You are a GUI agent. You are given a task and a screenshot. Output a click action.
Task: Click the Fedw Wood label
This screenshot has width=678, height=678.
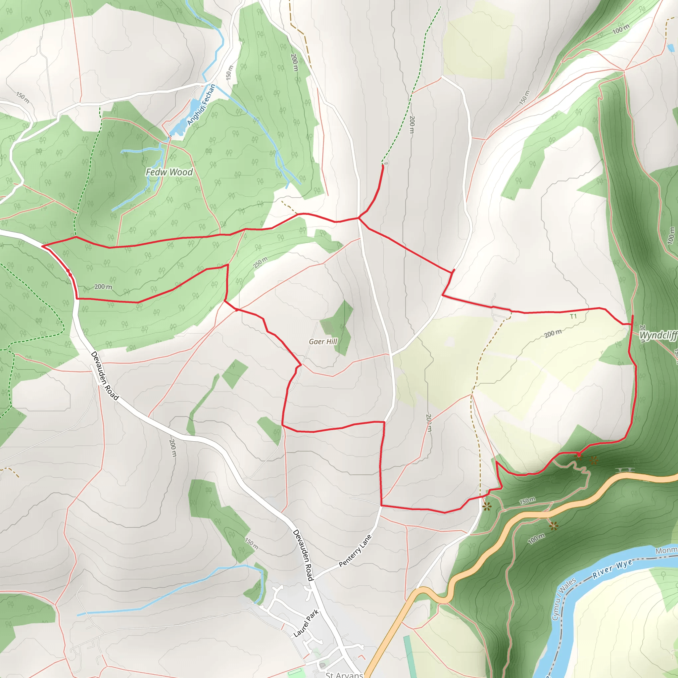click(169, 172)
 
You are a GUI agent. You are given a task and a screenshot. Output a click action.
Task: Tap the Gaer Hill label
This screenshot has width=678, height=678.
click(323, 341)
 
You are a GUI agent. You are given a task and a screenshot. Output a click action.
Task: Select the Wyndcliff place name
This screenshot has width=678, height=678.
click(658, 335)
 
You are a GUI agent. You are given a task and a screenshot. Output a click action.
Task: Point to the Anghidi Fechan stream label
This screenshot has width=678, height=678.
click(201, 105)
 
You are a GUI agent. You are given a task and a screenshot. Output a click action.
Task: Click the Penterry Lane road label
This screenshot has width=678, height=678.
click(355, 551)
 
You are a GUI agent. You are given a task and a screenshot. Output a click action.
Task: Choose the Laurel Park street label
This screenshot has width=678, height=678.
click(306, 623)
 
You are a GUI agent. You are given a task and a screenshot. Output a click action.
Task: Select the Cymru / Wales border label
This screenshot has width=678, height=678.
click(563, 599)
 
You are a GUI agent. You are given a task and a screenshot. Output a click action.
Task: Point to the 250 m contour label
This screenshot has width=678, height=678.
click(261, 263)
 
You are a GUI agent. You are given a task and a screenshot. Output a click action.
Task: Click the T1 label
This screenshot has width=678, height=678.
click(573, 316)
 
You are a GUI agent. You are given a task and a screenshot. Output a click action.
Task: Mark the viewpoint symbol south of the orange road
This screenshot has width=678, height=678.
click(554, 526)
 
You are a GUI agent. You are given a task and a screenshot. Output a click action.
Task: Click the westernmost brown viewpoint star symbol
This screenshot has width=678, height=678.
click(486, 506)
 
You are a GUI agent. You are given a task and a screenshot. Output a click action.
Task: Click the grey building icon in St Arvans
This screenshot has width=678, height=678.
click(322, 665)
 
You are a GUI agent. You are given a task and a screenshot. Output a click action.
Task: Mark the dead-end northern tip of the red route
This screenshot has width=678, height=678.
click(382, 165)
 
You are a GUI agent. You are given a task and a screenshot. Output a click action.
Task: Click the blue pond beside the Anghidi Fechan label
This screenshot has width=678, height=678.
click(193, 105)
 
